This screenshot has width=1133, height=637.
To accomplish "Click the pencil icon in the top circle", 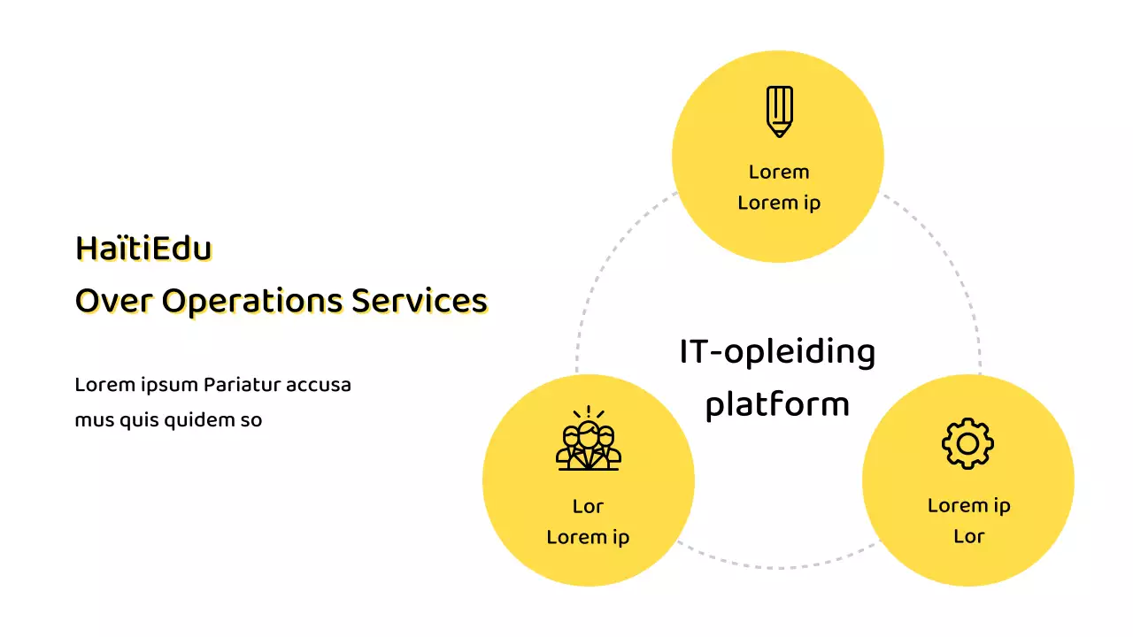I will pos(779,111).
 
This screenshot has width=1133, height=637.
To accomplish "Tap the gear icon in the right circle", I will pos(967,443).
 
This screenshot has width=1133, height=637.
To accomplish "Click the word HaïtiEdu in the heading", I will pos(143,249).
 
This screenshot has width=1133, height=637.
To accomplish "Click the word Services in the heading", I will pos(420,301).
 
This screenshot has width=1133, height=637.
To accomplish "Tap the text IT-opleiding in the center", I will pos(777,352).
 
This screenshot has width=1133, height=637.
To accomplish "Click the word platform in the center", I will pos(777,405).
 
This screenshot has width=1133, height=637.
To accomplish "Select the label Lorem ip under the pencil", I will pos(779,203).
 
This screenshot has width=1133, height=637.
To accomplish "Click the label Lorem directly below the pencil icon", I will pos(779,172).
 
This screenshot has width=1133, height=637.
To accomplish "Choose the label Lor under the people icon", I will pos(588,506).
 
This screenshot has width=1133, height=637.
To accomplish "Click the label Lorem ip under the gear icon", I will pos(968,505).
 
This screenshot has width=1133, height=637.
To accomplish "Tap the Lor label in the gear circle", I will pos(968,536).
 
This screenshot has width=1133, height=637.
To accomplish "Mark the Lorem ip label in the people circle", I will pos(588,537).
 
